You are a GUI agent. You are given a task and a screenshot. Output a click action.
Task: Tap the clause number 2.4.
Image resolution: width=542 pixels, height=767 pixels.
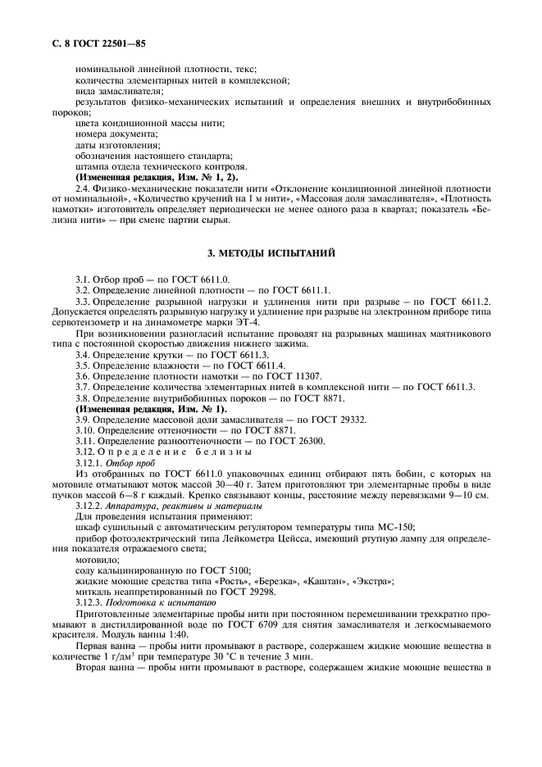tap(83, 188)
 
